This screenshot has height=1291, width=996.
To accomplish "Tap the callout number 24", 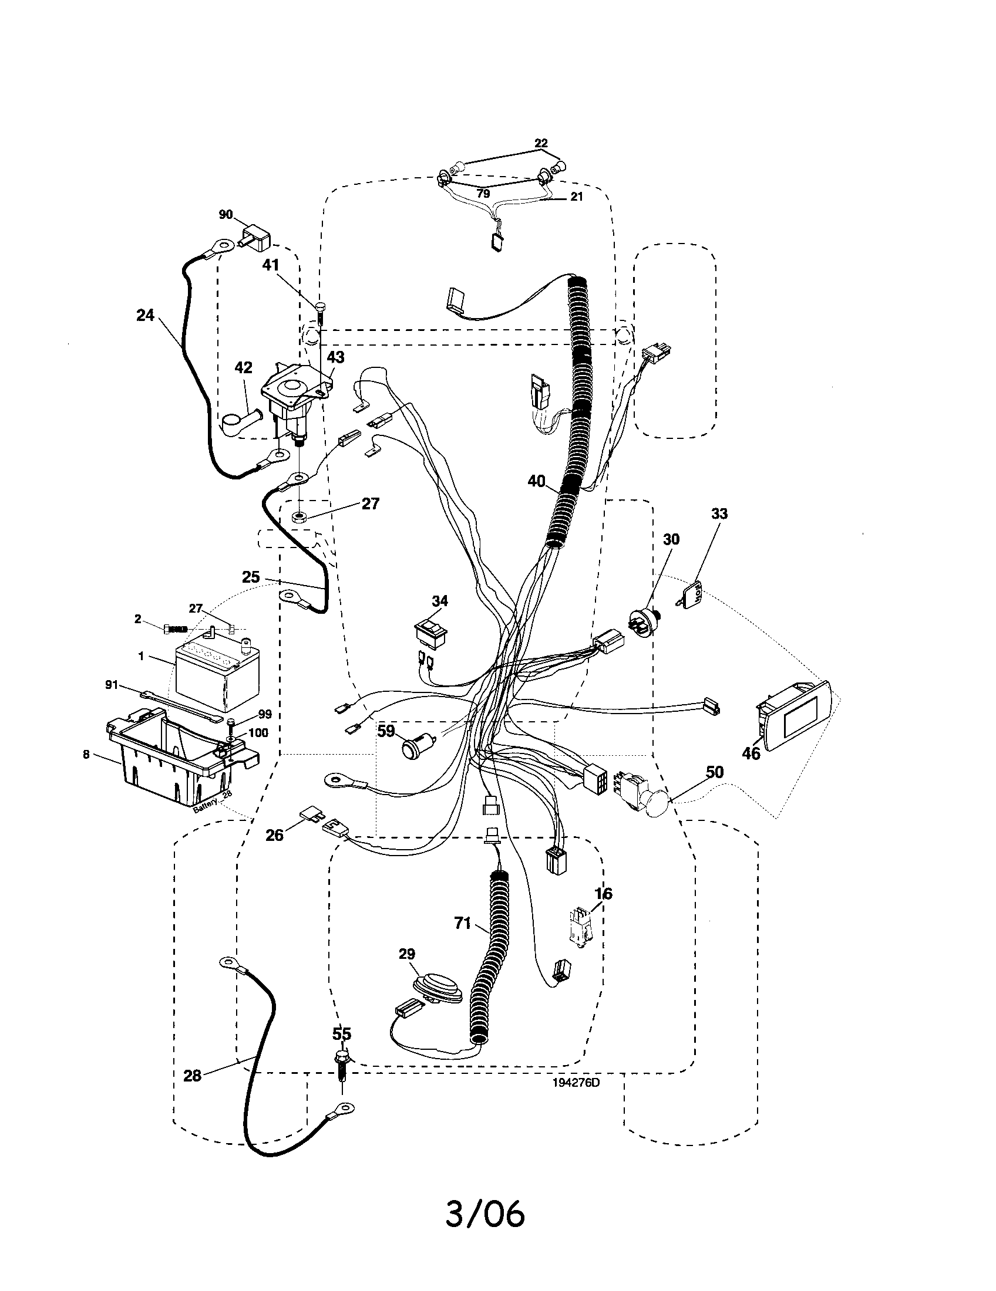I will coord(145,316).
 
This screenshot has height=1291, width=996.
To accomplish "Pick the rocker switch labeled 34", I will coord(430,634).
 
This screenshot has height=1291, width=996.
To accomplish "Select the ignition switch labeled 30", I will coord(643,621).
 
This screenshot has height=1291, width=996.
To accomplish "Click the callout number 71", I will coord(462,922).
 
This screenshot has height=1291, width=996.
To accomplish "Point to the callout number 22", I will coord(541,143).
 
